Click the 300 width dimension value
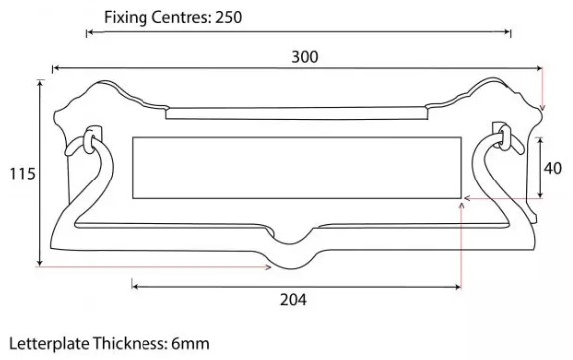click(304, 57)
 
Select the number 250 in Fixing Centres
click(226, 17)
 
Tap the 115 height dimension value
click(18, 174)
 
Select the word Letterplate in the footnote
click(46, 344)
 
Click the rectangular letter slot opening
click(296, 166)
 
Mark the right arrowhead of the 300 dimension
click(541, 67)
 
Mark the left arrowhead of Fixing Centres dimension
click(89, 33)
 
